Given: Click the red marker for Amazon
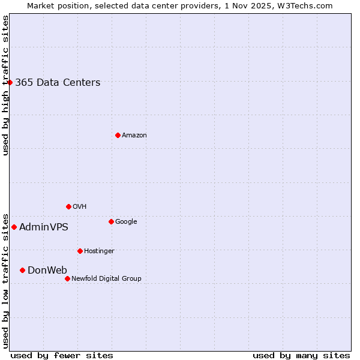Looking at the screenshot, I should pyautogui.click(x=118, y=135).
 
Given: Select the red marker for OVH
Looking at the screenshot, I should pyautogui.click(x=68, y=206).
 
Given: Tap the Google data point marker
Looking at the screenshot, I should pyautogui.click(x=111, y=221).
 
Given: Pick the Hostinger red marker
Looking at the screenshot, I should pyautogui.click(x=80, y=251).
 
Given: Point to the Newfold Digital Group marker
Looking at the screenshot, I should pyautogui.click(x=67, y=278).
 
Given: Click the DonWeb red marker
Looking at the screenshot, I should pyautogui.click(x=22, y=270).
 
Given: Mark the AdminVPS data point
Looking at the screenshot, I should pyautogui.click(x=14, y=227).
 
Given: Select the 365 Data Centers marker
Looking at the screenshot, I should pyautogui.click(x=10, y=82).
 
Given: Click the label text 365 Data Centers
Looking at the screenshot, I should pyautogui.click(x=58, y=83).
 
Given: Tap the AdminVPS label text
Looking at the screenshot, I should pyautogui.click(x=44, y=227).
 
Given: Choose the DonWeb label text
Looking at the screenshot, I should pyautogui.click(x=47, y=271).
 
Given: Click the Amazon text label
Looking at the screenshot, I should pyautogui.click(x=134, y=136).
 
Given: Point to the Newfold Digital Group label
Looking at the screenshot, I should pyautogui.click(x=106, y=279).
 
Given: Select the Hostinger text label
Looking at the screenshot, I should pyautogui.click(x=99, y=251).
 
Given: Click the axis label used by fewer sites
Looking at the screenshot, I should pyautogui.click(x=62, y=356).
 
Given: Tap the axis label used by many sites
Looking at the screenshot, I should pyautogui.click(x=301, y=356).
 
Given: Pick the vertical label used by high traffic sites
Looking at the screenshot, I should pyautogui.click(x=5, y=85).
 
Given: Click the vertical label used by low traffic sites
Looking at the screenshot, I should pyautogui.click(x=5, y=280).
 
